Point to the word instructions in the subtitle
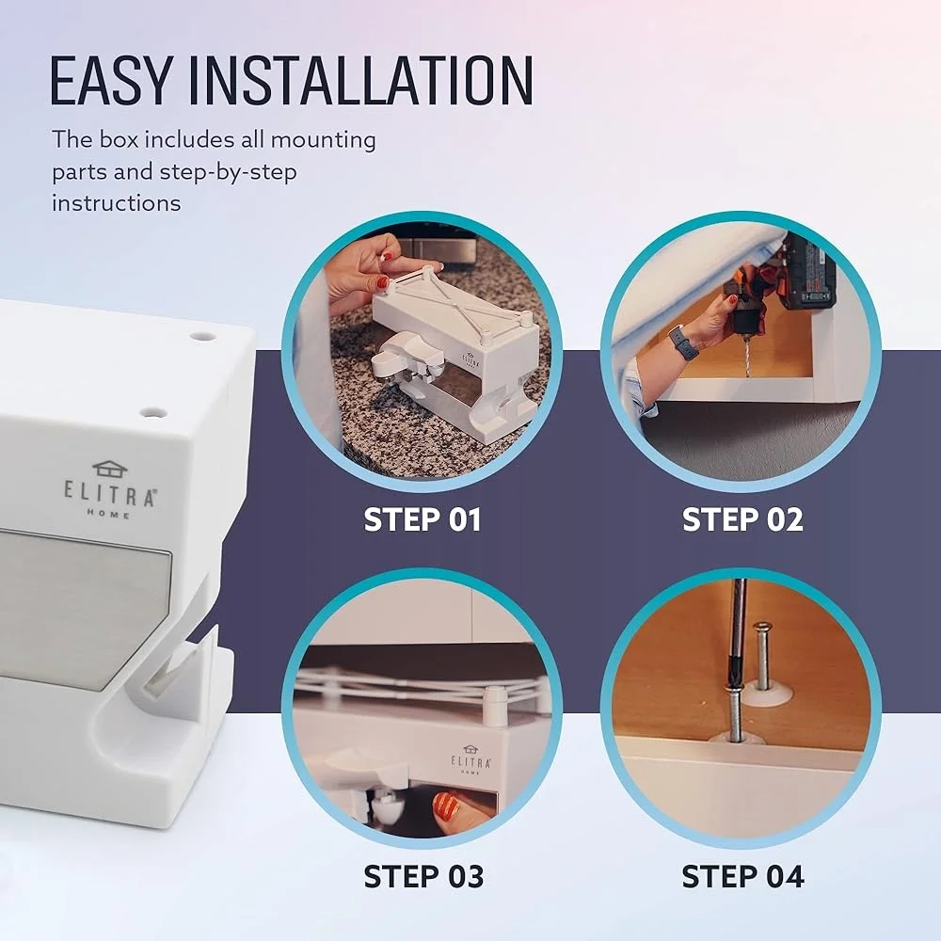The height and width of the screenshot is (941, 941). (116, 202)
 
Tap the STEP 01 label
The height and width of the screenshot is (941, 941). (422, 519)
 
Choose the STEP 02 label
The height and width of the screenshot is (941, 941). (742, 519)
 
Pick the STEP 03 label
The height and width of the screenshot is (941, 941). (423, 876)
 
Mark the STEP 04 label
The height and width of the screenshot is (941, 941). (742, 876)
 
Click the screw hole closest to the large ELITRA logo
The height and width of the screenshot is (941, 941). (152, 412)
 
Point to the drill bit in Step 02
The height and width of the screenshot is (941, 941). (748, 353)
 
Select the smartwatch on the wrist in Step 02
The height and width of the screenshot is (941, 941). (683, 343)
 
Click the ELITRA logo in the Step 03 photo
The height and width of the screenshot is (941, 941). (470, 760)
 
